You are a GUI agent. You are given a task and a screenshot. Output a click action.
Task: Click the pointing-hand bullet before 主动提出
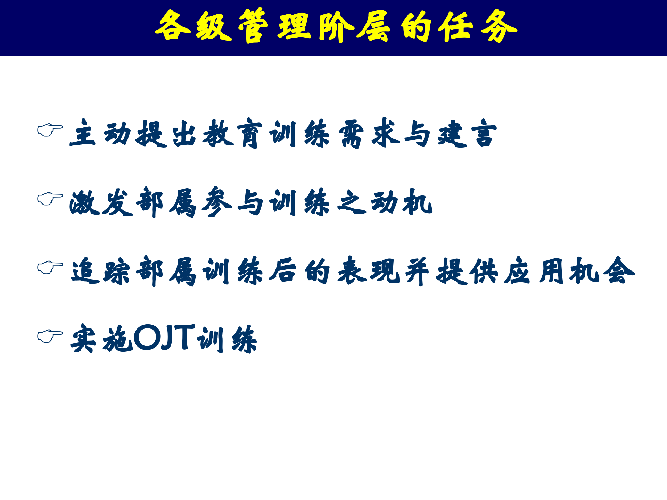pyautogui.click(x=50, y=130)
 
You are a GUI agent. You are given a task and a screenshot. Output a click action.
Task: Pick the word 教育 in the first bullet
pyautogui.click(x=232, y=134)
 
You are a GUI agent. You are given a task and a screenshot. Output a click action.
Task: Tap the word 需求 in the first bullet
pyautogui.click(x=368, y=134)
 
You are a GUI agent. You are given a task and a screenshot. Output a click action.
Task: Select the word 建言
pyautogui.click(x=467, y=134)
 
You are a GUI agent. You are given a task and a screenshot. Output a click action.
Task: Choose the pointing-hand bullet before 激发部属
pyautogui.click(x=50, y=199)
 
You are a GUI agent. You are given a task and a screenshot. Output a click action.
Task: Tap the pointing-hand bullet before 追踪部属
pyautogui.click(x=50, y=267)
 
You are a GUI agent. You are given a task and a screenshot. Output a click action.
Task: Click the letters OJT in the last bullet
pyautogui.click(x=165, y=337)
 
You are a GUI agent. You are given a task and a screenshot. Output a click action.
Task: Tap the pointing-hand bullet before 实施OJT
pyautogui.click(x=50, y=336)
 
